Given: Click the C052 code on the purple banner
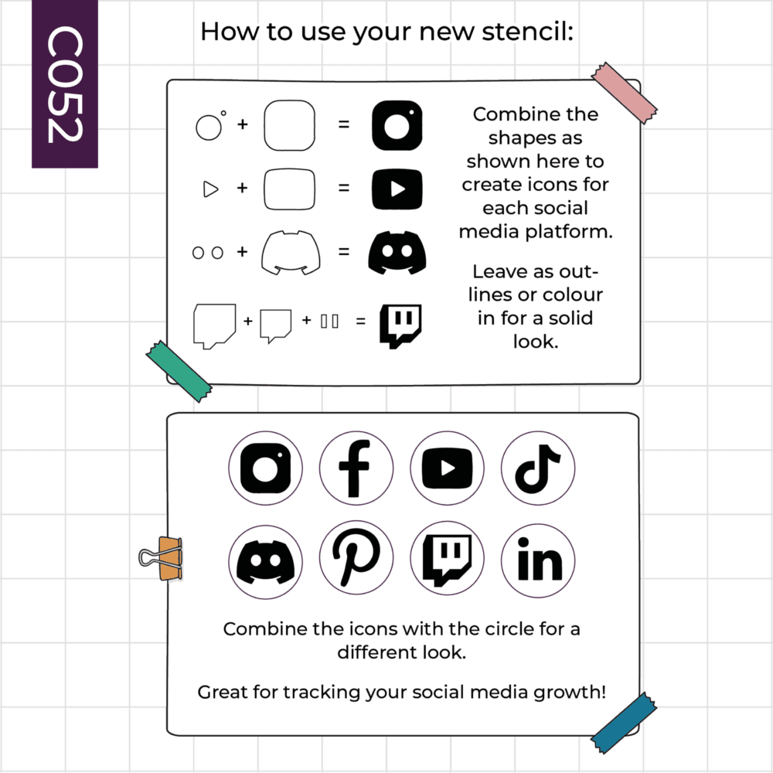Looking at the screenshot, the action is point(65,84).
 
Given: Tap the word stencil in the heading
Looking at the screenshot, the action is point(527,32).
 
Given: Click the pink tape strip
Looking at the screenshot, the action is point(624,93).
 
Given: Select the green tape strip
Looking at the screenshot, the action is point(179,371).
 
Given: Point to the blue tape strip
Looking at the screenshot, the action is point(624,723).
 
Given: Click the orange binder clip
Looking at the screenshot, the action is point(162,559).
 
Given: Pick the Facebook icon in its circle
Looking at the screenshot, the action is point(356,468).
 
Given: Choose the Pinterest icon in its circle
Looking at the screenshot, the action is point(356,557).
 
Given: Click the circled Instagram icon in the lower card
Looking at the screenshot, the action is point(265,468).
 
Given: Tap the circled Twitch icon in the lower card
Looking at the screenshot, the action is point(447,558).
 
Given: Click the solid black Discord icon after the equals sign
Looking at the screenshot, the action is point(397,253).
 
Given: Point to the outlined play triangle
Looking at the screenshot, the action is point(210,189).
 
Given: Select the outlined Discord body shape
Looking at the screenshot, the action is point(291,253).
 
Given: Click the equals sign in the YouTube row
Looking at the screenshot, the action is point(344,188).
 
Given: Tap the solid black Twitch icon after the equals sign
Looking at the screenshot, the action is point(400,326).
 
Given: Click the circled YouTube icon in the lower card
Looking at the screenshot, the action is point(447,468).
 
